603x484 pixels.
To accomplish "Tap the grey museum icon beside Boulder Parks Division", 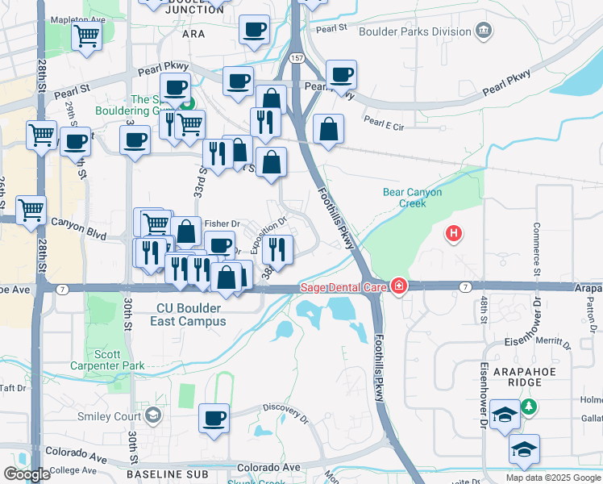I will [482, 32].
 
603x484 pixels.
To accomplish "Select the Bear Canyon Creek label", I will [412, 198].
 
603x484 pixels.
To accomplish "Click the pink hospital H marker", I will [455, 234].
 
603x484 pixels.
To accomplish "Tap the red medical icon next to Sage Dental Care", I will [398, 286].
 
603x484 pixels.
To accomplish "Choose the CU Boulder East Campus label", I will [187, 313].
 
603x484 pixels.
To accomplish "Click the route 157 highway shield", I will [297, 59].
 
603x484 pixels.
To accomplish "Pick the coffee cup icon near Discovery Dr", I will [214, 418].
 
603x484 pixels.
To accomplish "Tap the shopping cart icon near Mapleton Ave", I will [86, 35].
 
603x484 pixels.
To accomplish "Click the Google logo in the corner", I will [27, 474].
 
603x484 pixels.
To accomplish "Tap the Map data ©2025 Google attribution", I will [552, 478].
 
